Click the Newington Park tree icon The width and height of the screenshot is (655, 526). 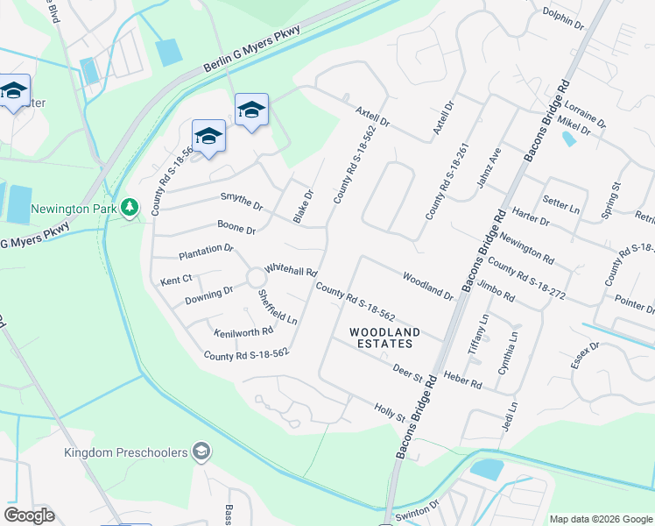[130, 207]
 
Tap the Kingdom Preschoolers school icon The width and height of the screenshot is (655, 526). [201, 451]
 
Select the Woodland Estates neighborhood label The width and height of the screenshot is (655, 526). [384, 338]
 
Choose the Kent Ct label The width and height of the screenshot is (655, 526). [175, 281]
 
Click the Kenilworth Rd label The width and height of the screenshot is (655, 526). [243, 331]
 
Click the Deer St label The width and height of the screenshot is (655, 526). [407, 372]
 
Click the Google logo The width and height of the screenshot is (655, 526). [29, 515]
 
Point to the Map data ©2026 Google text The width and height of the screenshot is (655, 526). [600, 519]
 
